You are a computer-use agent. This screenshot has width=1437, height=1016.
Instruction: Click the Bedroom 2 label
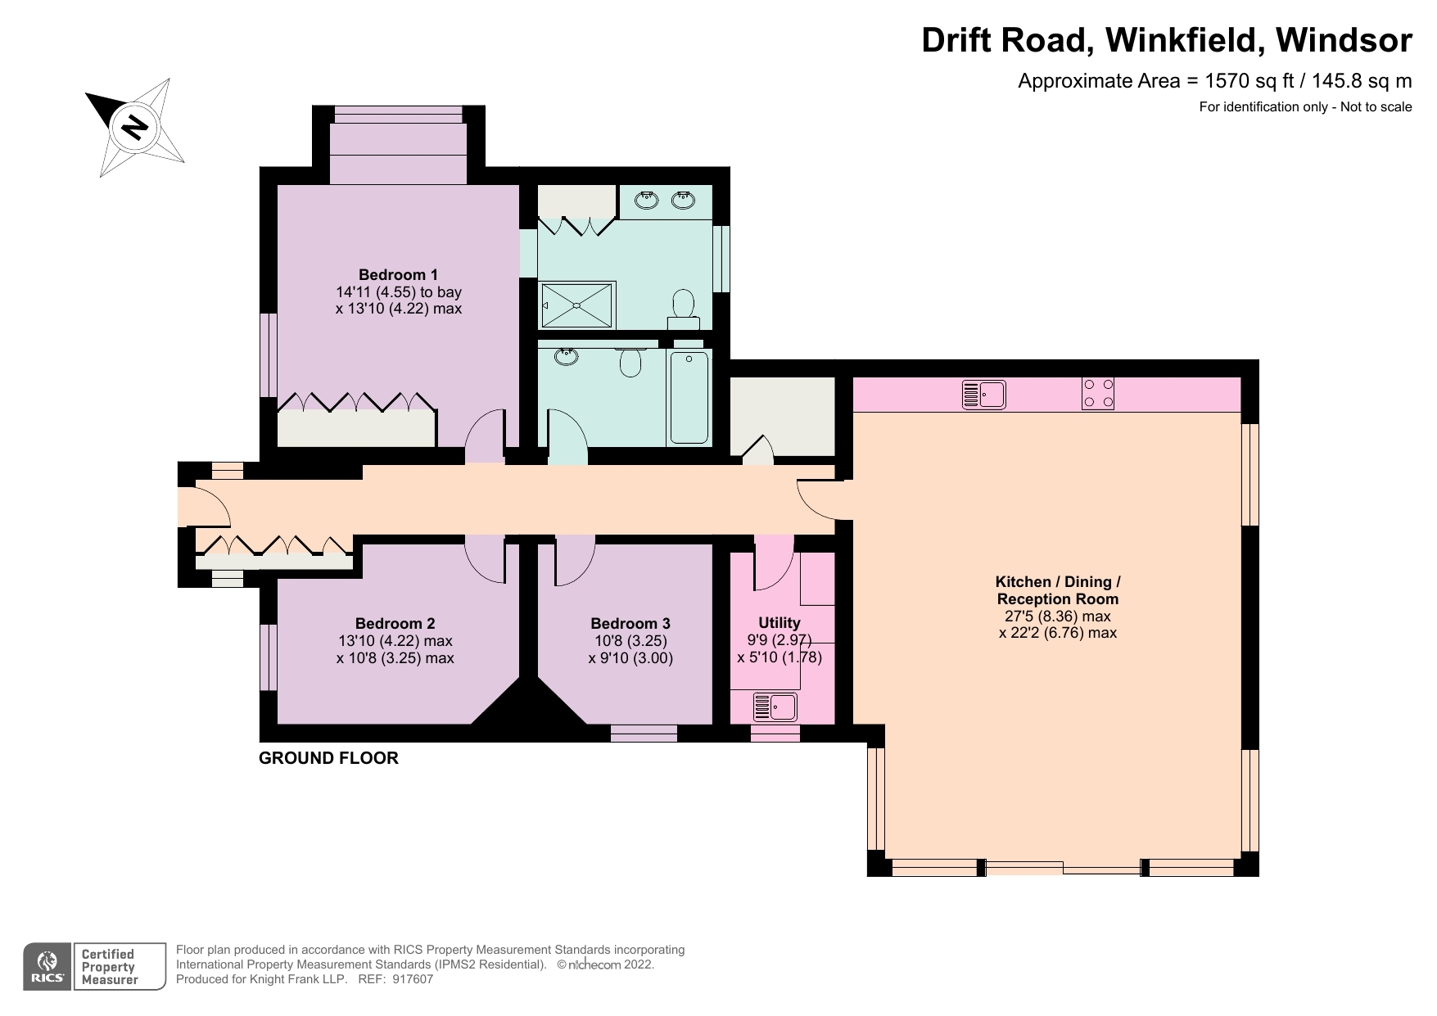pos(395,623)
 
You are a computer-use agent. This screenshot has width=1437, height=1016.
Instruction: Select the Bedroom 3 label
pos(630,623)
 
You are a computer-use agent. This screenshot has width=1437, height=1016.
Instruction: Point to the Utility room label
pos(779,622)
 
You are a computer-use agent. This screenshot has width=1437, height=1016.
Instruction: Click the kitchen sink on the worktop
pos(983,395)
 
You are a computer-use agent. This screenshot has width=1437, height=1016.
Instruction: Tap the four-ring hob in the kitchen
pos(1097,393)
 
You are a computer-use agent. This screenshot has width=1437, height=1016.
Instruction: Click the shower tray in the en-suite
pos(577,305)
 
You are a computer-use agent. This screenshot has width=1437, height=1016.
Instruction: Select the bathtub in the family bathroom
pos(689,397)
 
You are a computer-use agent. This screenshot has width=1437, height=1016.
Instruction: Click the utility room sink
pos(775,707)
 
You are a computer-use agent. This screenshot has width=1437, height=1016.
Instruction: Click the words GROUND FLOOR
pos(328,758)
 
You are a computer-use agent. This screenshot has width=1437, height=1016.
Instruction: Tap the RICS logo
pos(47,967)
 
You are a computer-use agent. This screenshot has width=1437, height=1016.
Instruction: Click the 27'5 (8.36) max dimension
pos(1057,616)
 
